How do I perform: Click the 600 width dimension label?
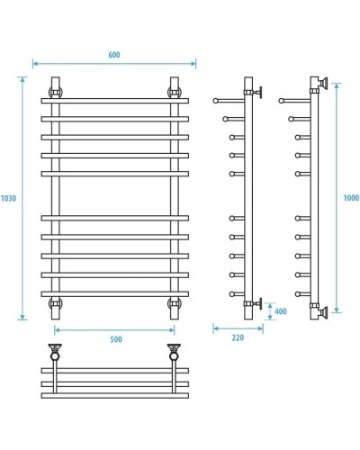[114, 54]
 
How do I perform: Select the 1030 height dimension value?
[9, 198]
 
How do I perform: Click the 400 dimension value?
[280, 312]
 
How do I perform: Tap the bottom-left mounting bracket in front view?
[56, 303]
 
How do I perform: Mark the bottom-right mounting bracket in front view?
[173, 303]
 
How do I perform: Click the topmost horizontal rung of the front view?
[114, 101]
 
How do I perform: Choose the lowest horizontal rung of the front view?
[114, 293]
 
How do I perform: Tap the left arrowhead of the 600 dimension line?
[35, 64]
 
